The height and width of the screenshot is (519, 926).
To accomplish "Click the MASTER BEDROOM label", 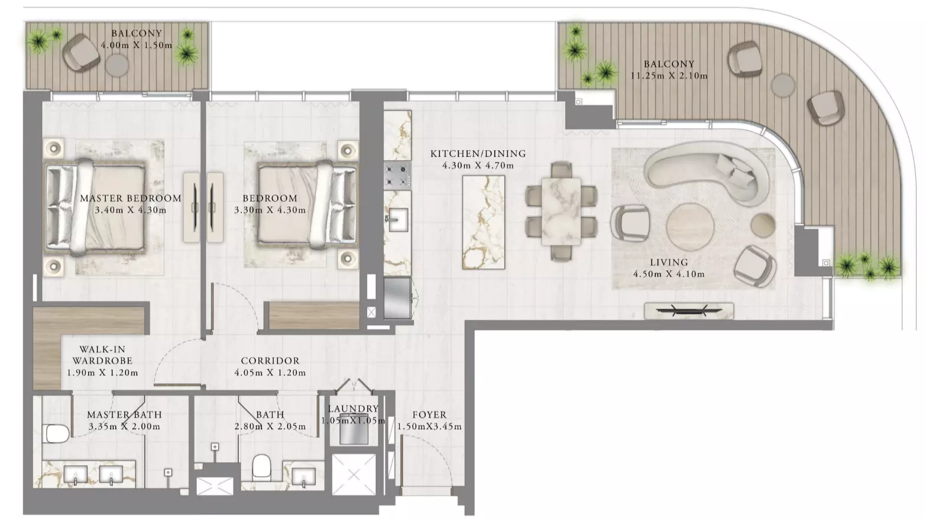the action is pos(131,199).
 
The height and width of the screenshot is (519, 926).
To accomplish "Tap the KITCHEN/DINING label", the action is pos(478,154).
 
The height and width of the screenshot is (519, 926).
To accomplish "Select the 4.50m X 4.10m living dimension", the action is pos(669,274).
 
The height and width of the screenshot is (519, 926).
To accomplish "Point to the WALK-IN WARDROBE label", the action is pos(102,355).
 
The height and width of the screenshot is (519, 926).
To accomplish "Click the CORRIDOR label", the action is pos(270,361).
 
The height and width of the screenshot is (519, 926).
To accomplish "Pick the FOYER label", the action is pos(429,414).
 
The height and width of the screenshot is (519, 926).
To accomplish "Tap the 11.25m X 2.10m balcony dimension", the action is pos(669,76).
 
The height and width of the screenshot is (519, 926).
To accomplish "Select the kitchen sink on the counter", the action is pos(397,219).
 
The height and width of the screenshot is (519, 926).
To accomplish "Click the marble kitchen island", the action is pos(484,222).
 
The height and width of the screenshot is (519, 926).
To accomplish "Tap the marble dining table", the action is pos(561,211).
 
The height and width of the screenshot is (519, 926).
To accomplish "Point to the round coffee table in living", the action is pos(690,226).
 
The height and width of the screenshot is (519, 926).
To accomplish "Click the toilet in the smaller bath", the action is pos(261,466).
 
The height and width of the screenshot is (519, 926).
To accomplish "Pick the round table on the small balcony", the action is pos(117,65).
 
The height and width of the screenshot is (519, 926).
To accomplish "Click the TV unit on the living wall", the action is pos(689,311).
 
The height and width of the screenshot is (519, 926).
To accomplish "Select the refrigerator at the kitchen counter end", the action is pos(398,298).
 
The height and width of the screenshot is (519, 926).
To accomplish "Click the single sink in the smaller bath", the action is pos(304,476).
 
